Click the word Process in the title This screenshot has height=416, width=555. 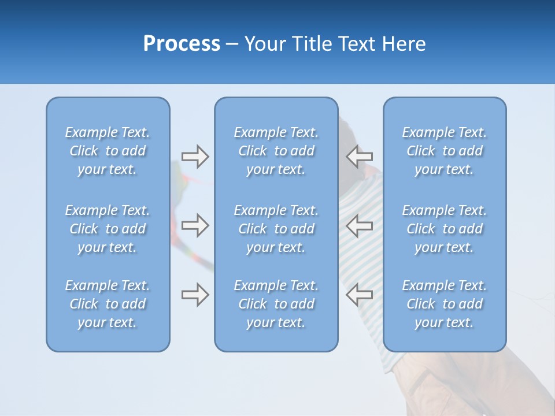tap(182, 44)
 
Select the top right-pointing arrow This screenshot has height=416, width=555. tap(195, 157)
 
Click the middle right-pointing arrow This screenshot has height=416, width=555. tap(195, 225)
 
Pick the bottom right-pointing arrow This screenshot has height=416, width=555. tap(195, 295)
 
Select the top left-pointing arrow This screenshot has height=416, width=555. tap(360, 157)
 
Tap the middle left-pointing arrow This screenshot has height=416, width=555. tap(360, 225)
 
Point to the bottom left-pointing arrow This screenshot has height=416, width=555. tap(360, 295)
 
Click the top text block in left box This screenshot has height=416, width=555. tap(108, 151)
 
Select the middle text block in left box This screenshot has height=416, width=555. tap(108, 229)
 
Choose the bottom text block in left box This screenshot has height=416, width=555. tap(108, 304)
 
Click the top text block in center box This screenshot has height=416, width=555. tap(276, 151)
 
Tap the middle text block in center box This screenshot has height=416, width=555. tap(276, 229)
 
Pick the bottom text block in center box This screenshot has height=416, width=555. tap(276, 304)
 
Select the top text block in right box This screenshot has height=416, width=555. tap(444, 151)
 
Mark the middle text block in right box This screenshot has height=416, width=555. tap(444, 229)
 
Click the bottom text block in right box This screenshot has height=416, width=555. tap(444, 304)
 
